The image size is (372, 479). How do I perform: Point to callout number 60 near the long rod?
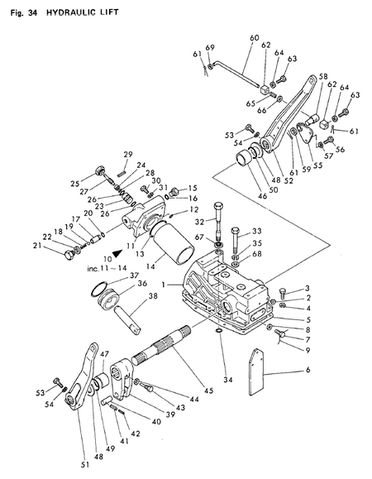coord(254,38)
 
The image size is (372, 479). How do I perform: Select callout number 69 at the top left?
coord(210,46)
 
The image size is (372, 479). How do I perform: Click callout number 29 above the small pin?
coord(128,155)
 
